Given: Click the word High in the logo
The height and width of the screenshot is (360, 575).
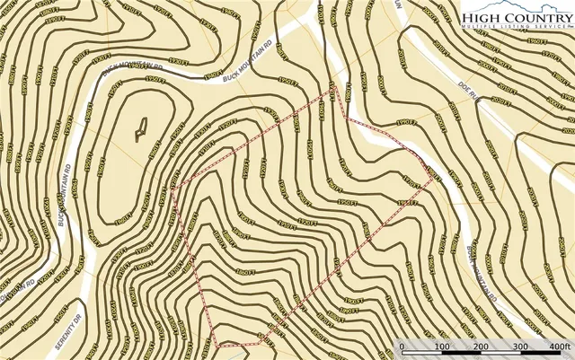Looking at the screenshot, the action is pyautogui.click(x=482, y=18).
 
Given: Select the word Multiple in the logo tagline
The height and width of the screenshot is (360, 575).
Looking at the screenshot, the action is pyautogui.click(x=480, y=29).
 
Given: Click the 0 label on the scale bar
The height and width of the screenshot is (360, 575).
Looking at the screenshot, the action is pyautogui.click(x=402, y=347).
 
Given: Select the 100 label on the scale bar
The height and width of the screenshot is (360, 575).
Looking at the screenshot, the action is pyautogui.click(x=441, y=347).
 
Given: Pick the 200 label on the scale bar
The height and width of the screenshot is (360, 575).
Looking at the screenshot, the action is pyautogui.click(x=481, y=347).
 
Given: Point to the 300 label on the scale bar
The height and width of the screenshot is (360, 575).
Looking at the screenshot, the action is pyautogui.click(x=520, y=347).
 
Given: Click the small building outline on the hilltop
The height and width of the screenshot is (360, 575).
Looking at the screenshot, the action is pyautogui.click(x=139, y=132).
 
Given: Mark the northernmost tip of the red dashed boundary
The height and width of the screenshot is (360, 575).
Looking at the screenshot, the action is pyautogui.click(x=332, y=90).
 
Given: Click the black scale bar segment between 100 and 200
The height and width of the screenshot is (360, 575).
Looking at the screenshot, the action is pyautogui.click(x=461, y=340).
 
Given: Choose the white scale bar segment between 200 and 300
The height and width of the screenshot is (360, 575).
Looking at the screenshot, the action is pyautogui.click(x=500, y=340).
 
